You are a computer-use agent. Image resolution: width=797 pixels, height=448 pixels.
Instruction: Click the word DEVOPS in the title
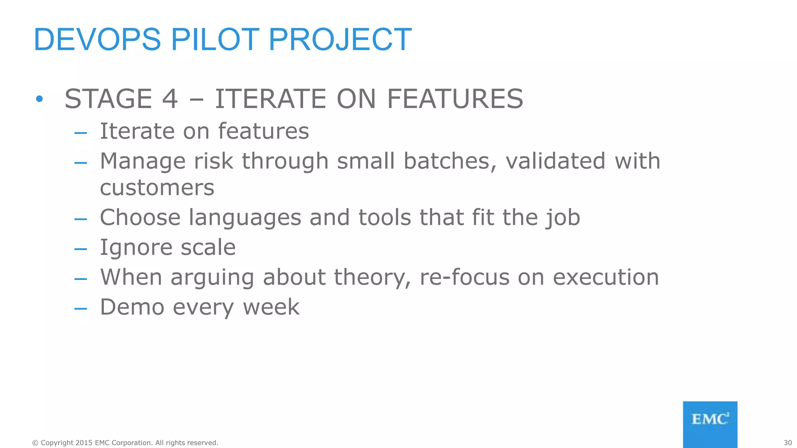pyautogui.click(x=97, y=40)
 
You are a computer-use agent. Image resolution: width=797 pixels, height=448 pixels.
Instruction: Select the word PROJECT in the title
pyautogui.click(x=340, y=40)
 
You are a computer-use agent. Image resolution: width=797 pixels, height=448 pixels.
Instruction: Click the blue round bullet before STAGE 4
pyautogui.click(x=39, y=99)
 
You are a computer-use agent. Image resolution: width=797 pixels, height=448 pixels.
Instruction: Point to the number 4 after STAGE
pyautogui.click(x=170, y=99)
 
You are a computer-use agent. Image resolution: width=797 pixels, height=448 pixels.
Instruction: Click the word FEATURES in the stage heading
pyautogui.click(x=455, y=99)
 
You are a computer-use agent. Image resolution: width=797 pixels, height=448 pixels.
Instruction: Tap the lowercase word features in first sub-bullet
pyautogui.click(x=263, y=131)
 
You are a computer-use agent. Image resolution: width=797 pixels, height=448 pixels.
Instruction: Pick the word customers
pyautogui.click(x=157, y=188)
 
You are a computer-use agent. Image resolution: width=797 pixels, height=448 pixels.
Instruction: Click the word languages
pyautogui.click(x=245, y=217)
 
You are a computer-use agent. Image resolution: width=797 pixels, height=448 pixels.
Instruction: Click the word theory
pyautogui.click(x=372, y=278)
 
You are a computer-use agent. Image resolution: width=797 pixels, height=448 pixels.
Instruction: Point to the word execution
pyautogui.click(x=606, y=278)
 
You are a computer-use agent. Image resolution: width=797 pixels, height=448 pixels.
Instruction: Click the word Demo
pyautogui.click(x=132, y=307)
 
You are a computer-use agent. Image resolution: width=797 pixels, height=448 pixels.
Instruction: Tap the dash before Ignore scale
pyautogui.click(x=81, y=248)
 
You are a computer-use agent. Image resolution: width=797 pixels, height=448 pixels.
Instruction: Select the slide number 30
pyautogui.click(x=788, y=443)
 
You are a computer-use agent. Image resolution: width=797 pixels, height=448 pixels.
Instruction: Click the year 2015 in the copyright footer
pyautogui.click(x=84, y=443)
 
